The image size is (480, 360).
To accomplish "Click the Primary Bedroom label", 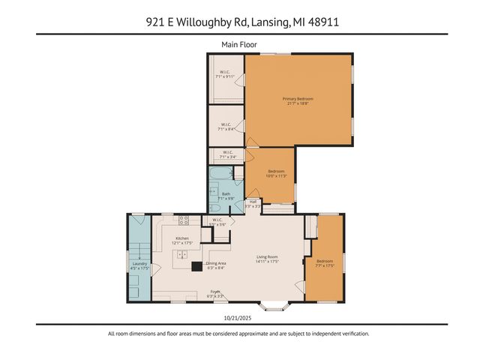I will (x=298, y=101).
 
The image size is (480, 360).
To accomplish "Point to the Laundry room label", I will (x=139, y=264).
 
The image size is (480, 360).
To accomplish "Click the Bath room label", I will (x=226, y=195).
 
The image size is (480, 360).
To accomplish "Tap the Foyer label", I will (x=215, y=292).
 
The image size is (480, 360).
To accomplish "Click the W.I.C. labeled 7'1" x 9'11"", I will (x=225, y=73).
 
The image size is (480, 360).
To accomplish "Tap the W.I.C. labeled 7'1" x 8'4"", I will (x=225, y=127).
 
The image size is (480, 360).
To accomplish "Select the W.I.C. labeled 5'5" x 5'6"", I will (x=217, y=222).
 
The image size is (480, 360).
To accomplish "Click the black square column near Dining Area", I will (x=196, y=265).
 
